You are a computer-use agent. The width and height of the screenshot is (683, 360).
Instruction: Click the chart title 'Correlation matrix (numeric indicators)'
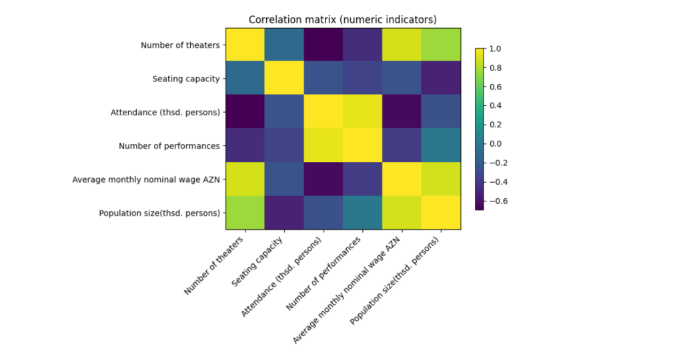point(343,19)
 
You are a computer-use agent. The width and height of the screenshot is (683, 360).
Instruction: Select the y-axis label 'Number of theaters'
point(180,46)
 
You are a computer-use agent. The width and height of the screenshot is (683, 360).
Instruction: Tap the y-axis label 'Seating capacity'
point(185,79)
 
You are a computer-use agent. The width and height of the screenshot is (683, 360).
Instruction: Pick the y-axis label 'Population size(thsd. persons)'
point(159,213)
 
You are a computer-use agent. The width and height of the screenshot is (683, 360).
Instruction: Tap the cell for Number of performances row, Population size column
point(440,146)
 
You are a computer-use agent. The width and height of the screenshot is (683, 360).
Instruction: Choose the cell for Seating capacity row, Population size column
point(440,79)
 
